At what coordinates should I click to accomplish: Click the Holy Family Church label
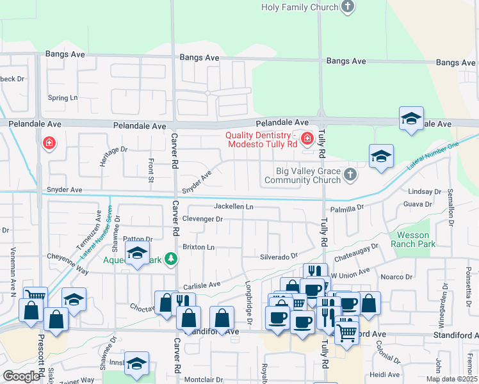tap(299, 8)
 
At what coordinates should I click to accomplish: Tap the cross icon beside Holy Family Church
tap(348, 8)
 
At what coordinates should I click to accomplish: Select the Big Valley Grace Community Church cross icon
tap(350, 174)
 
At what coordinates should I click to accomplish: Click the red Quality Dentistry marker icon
tap(307, 138)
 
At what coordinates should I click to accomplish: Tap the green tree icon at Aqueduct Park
tap(170, 259)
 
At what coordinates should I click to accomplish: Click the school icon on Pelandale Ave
tap(411, 118)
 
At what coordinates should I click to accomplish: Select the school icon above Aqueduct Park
tap(137, 253)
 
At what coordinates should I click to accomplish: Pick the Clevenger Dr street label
tap(202, 219)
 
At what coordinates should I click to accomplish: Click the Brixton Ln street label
tap(198, 246)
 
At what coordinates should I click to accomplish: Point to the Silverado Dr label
tap(279, 256)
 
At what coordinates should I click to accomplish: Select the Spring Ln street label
tap(63, 98)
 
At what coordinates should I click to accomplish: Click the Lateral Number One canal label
tap(433, 157)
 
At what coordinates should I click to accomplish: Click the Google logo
tap(21, 376)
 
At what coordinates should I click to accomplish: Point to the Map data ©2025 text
tap(451, 379)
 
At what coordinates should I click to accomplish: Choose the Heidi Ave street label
tap(384, 374)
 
